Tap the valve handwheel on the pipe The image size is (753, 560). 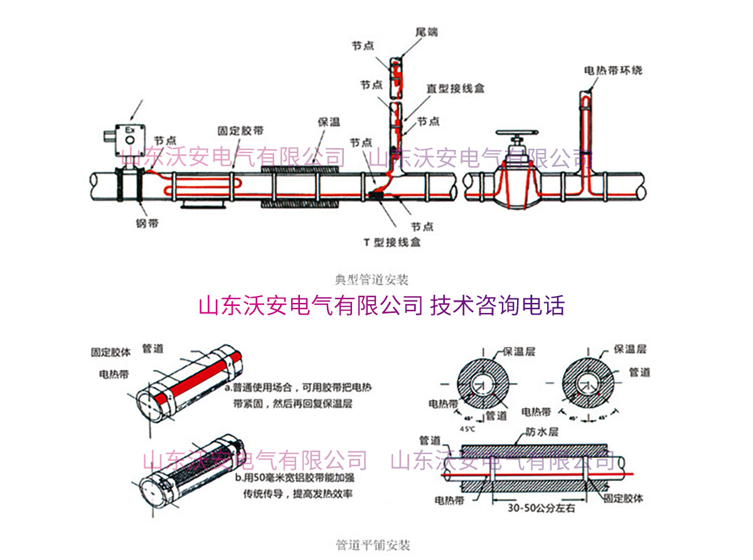(517, 134)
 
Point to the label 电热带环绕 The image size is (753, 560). (613, 70)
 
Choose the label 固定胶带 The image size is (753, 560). (240, 131)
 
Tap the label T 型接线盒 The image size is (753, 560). (392, 242)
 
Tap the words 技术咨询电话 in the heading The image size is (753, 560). (498, 305)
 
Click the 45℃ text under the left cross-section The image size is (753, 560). (468, 429)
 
